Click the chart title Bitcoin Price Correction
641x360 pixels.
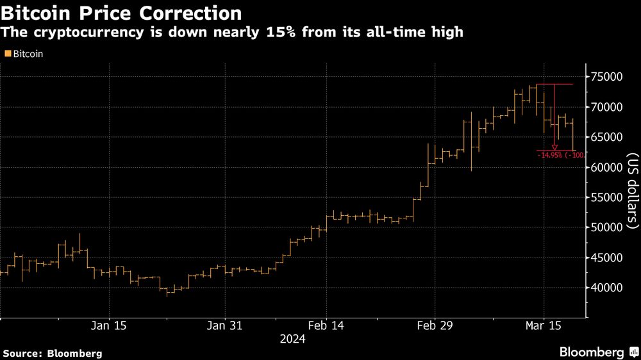coord(122,13)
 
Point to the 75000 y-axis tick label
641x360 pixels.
coord(607,77)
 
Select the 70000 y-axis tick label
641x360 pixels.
coord(607,107)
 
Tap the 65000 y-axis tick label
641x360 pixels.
coord(607,137)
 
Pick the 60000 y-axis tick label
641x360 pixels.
coord(607,167)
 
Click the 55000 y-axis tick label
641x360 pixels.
coord(607,197)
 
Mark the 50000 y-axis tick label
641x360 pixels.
coord(607,227)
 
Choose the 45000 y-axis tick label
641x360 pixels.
coord(607,258)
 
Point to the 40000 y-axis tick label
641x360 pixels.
coord(607,288)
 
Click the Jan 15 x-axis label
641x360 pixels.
coord(109,326)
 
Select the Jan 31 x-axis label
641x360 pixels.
coord(226,326)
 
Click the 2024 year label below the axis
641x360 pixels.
coord(292,340)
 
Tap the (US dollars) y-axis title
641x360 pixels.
coord(632,191)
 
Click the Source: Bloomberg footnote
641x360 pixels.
coord(53,353)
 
